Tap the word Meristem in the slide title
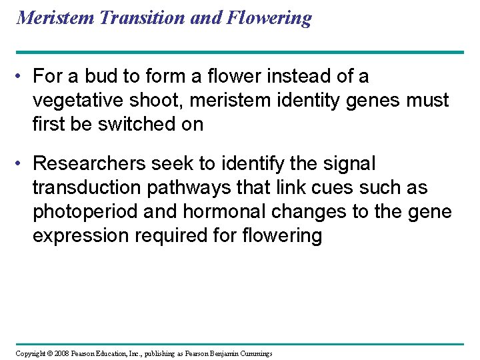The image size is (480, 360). pos(55,18)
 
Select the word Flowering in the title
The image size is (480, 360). pos(269,18)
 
